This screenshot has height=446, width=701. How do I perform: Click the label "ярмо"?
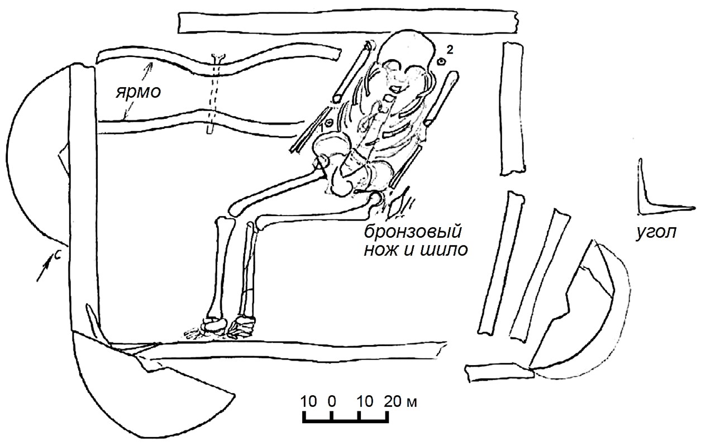click(139, 92)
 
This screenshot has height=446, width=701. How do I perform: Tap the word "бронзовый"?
click(412, 233)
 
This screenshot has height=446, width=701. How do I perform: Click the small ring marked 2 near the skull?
click(441, 62)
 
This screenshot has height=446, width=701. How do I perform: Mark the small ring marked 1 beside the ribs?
click(330, 123)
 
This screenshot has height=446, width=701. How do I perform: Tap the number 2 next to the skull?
click(450, 50)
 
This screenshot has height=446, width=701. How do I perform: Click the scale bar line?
click(346, 421)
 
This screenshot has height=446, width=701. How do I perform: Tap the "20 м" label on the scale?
click(401, 401)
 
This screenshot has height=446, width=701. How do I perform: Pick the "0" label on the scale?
click(332, 401)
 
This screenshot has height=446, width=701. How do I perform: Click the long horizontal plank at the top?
click(347, 22)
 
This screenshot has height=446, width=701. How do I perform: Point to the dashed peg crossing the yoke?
click(214, 94)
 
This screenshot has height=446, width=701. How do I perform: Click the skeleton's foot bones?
click(221, 329)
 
